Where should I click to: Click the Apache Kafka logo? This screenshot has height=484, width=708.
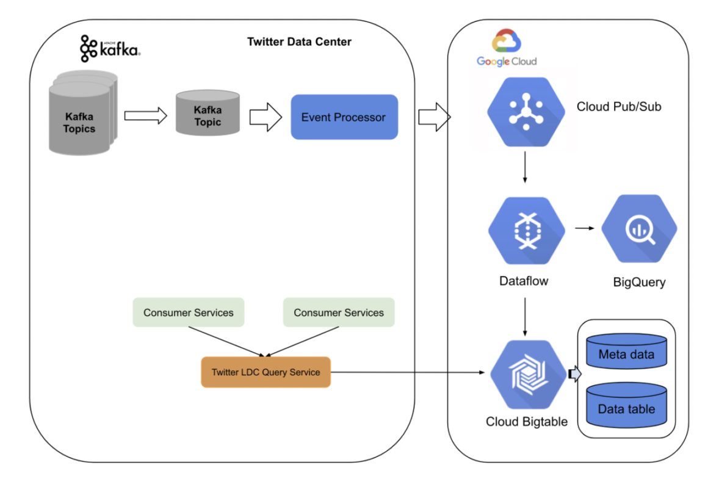(x=110, y=49)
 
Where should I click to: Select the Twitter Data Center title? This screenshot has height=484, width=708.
(x=299, y=42)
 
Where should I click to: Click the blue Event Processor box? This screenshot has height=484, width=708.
(x=344, y=117)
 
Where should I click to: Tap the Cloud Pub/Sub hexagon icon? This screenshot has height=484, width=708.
(x=525, y=108)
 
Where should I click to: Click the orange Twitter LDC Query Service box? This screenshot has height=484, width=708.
(x=265, y=372)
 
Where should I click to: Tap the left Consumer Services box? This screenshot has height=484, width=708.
(x=188, y=312)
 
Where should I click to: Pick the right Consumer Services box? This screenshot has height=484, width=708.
(x=339, y=312)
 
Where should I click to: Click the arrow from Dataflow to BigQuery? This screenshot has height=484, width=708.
(x=585, y=228)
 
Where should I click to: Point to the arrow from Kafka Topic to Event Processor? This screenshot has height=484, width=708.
(x=265, y=117)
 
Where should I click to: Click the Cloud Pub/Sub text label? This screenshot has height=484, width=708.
(x=619, y=106)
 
